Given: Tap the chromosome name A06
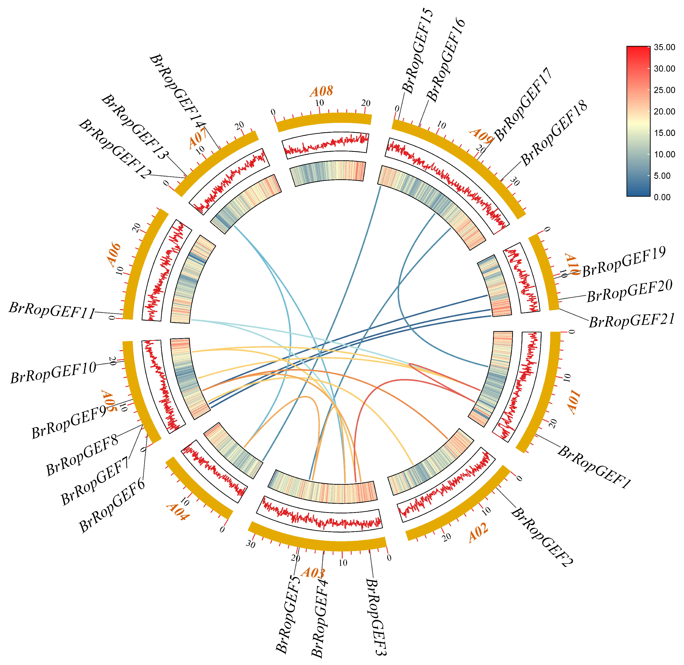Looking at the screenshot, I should point(114,255).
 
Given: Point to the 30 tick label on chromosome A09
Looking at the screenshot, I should point(515,182).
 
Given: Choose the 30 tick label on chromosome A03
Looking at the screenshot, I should point(250,544).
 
